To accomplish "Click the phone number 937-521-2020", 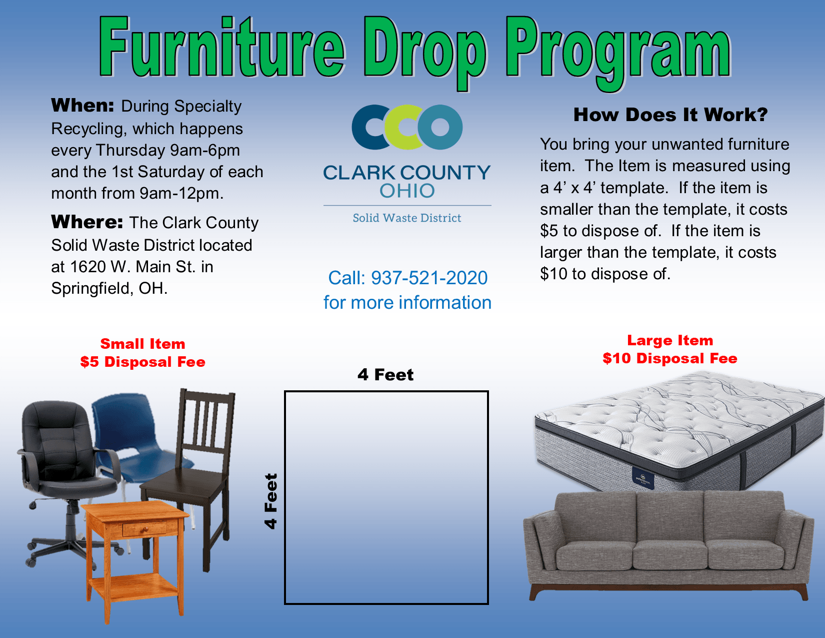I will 429,278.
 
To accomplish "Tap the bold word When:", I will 83,106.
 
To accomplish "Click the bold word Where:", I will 87,222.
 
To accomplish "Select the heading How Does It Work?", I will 670,115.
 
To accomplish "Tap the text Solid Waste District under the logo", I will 407,218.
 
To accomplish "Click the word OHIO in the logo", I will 407,191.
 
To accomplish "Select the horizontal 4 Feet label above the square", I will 385,374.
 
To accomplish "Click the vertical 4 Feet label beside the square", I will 270,501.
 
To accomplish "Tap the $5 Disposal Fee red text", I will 142,362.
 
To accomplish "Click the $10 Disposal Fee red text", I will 669,358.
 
